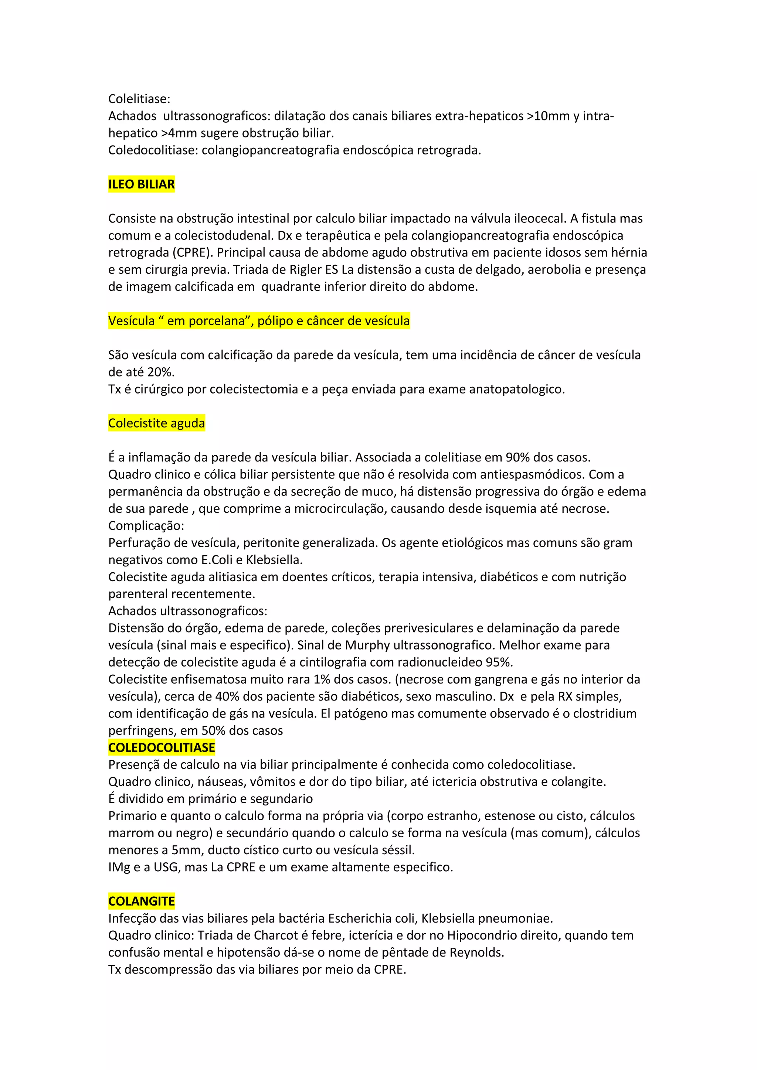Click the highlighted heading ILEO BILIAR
point(141,184)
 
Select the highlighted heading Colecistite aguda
point(157,423)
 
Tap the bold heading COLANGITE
point(141,901)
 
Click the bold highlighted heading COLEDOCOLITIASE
point(161,747)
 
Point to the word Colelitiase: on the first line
point(139,99)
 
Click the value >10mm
point(548,116)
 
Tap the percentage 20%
point(160,372)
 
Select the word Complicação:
point(146,526)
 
